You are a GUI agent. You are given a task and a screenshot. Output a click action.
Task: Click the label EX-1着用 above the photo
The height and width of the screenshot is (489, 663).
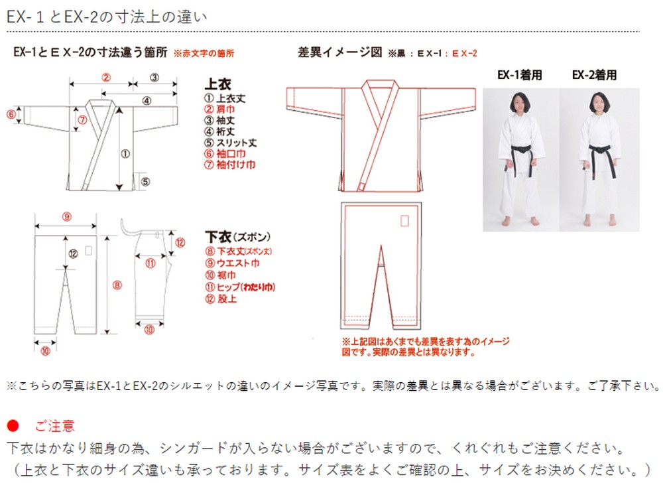519,76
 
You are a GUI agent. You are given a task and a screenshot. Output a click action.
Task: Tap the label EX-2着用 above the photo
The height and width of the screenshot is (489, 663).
594,76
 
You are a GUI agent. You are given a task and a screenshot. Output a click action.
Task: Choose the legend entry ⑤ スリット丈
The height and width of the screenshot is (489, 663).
231,143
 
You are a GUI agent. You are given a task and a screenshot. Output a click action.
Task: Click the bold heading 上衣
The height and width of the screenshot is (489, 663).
217,84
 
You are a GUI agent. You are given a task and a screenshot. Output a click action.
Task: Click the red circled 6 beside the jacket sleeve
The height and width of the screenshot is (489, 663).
11,114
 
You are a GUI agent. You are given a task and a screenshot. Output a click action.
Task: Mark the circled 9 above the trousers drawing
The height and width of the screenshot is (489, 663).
67,216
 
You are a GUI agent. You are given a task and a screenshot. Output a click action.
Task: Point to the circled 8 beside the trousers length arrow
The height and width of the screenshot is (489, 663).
117,285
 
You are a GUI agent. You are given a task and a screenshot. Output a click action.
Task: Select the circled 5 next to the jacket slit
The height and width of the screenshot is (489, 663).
146,181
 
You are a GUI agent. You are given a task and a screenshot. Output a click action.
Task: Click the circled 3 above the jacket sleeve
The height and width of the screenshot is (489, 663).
154,77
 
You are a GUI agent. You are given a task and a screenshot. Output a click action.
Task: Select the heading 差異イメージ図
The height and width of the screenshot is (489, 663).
340,53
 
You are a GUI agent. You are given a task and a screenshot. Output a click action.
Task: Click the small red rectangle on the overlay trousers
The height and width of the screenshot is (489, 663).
404,220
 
